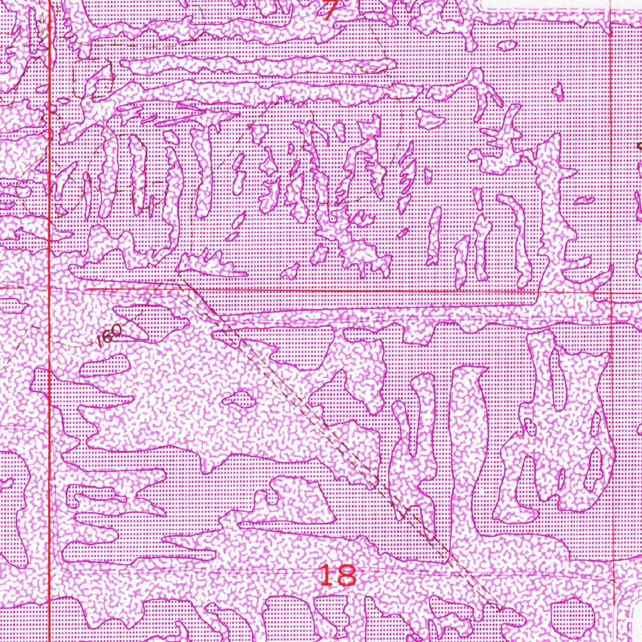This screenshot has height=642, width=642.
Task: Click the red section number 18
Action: pos(337,574)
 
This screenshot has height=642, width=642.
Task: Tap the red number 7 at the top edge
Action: pos(331,9)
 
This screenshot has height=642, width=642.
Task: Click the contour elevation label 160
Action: pos(110,338)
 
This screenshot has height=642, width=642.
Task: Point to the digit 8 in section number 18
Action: pos(347,574)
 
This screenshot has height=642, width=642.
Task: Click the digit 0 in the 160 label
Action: pos(117,334)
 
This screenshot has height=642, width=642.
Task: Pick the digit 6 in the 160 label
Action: pos(110,338)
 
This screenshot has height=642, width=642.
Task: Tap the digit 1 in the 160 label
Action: pos(102,342)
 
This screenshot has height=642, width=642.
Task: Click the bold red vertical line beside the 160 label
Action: pos(50,351)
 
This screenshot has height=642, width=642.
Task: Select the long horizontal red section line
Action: pos(376,291)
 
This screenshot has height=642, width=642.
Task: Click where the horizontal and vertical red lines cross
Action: pos(611,292)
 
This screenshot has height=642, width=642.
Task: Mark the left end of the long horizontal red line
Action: pos(86,290)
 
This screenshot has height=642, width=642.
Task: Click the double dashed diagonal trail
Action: pos(339,439)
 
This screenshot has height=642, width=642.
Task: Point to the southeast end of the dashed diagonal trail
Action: pos(498,607)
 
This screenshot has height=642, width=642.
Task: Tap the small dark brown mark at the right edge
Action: pos(639,146)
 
